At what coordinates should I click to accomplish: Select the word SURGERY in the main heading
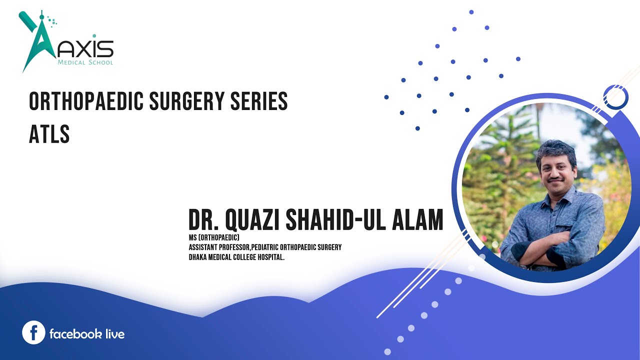tap(187, 101)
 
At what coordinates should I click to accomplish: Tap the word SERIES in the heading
tap(259, 101)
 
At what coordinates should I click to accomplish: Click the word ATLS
tap(49, 133)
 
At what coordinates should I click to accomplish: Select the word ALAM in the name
tap(417, 219)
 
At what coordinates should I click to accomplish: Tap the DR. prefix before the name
tap(203, 219)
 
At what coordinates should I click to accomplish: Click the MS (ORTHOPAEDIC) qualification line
tap(214, 237)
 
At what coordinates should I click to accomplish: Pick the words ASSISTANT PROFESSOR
tap(219, 247)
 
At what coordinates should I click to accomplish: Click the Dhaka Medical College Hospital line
tap(236, 257)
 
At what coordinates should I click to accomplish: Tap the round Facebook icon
tap(33, 332)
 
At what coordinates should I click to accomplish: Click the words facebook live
tap(87, 333)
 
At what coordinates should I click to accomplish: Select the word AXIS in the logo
tap(85, 49)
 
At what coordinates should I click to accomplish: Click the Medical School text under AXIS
tap(85, 62)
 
